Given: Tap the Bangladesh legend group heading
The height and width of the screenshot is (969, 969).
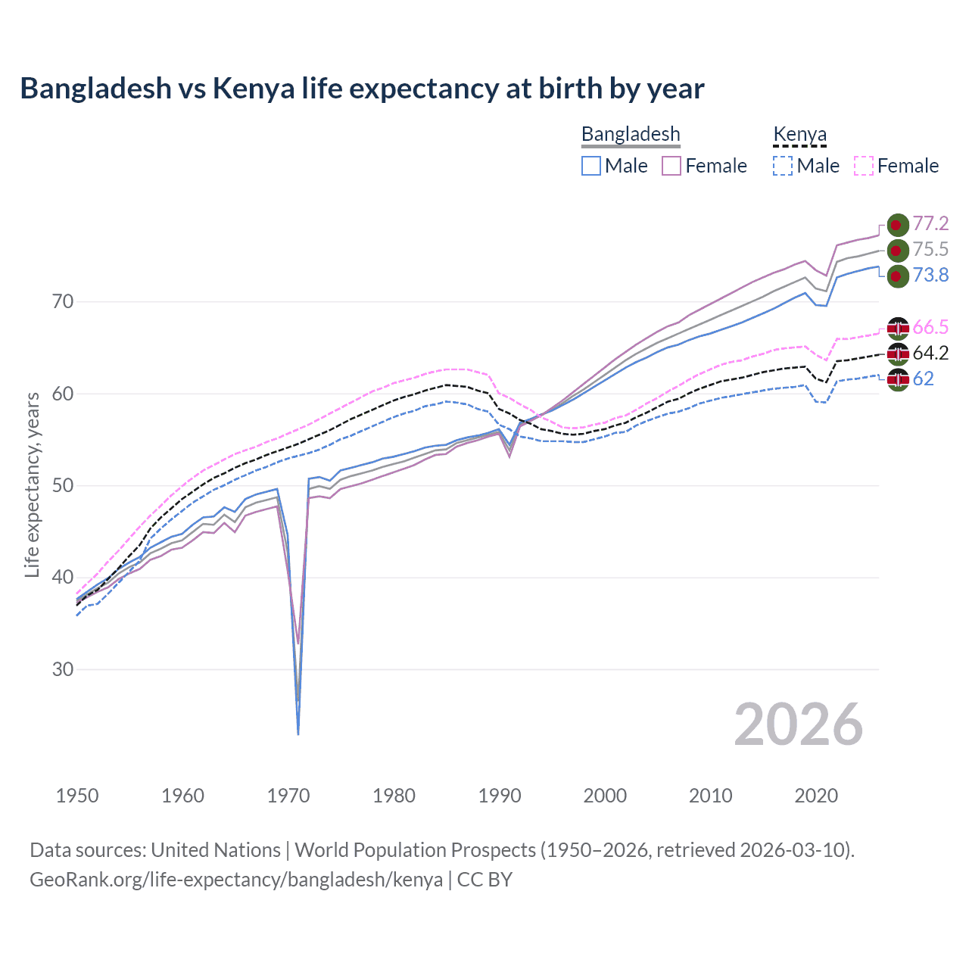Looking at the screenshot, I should (631, 134).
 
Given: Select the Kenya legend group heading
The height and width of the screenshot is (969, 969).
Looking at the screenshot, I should (799, 134).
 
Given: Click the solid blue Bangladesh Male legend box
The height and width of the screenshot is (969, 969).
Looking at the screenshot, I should (591, 166).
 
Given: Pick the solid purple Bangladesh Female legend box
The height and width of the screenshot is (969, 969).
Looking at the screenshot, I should (671, 166).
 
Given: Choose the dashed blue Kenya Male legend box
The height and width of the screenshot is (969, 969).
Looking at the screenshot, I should (783, 166).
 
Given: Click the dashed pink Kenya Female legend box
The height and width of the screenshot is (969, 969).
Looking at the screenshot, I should (864, 166).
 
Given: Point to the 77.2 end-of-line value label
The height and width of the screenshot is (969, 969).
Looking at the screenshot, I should (930, 223).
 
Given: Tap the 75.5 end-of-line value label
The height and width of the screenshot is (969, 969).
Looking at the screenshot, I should (930, 249).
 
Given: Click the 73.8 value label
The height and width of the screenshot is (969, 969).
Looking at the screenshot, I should (930, 275).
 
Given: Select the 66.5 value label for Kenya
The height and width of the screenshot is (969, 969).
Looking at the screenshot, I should (930, 327).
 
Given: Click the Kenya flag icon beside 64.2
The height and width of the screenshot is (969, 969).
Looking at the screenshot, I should (898, 353).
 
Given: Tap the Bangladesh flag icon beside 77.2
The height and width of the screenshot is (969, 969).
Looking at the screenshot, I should (898, 225).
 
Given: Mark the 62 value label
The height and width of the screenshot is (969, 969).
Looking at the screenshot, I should (924, 379).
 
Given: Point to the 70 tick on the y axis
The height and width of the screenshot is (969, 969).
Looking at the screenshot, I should (63, 301).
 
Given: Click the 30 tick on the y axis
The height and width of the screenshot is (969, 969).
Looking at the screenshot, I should (63, 669).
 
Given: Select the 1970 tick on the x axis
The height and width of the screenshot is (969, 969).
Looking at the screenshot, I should (288, 796).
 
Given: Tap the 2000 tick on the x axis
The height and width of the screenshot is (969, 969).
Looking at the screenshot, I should (605, 796).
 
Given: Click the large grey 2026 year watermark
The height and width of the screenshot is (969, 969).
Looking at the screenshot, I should (798, 724).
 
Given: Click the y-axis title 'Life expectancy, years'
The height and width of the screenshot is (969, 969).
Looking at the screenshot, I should (32, 484).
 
